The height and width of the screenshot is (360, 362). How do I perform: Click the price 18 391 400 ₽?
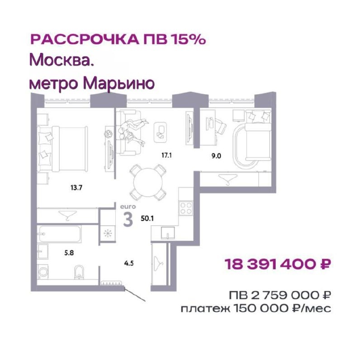coord(278,264)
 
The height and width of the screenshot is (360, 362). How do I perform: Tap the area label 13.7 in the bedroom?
coord(76,188)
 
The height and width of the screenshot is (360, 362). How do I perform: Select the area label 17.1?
coord(167,155)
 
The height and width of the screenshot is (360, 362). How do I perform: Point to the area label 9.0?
coord(216,156)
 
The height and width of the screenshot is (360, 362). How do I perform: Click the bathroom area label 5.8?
coord(69,253)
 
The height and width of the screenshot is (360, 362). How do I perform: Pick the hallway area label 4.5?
coord(129,263)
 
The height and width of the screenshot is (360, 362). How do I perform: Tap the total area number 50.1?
coord(148,218)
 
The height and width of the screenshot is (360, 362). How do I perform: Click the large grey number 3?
coord(128,219)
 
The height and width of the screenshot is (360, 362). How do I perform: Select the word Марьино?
coord(119,83)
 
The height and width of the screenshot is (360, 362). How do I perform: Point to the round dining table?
coord(148,182)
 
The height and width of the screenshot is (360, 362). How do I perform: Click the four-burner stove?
coord(186,208)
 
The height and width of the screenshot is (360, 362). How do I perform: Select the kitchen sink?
coord(167,232)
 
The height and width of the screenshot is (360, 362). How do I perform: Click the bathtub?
coord(60,234)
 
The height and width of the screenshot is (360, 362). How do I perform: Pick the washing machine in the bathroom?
coord(43,272)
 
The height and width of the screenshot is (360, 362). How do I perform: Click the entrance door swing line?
coord(135,294)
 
